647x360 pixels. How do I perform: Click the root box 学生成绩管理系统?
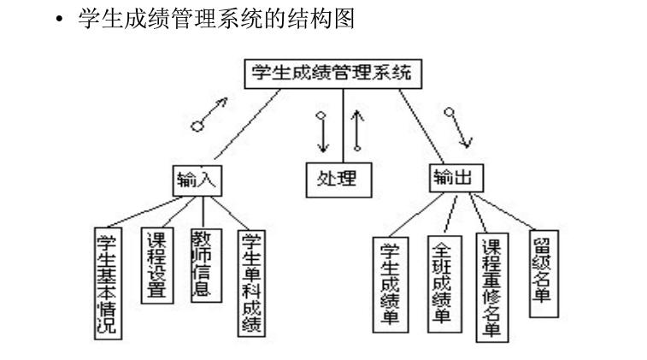(x=332, y=74)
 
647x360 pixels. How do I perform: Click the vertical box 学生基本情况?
(x=107, y=282)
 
